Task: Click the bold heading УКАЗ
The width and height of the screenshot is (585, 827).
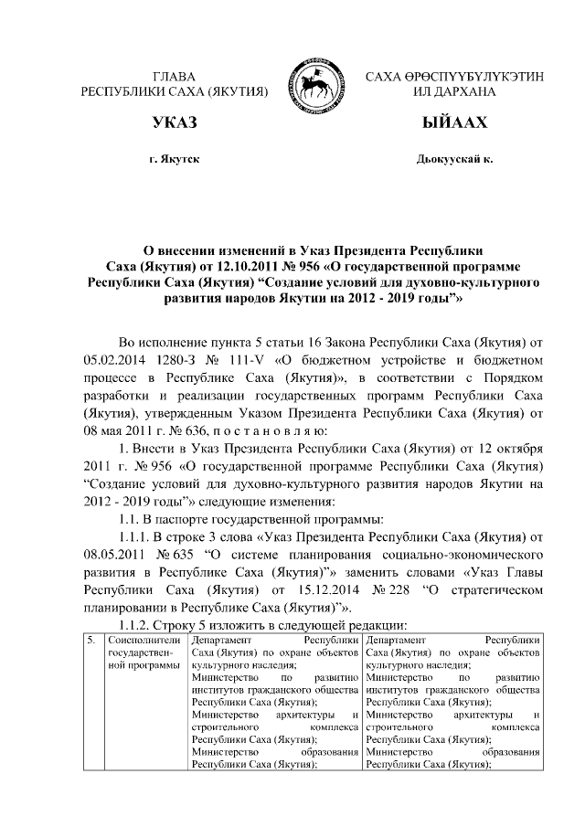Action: [175, 123]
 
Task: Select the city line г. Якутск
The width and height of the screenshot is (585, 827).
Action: [175, 159]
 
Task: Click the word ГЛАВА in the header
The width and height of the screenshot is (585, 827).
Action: [175, 76]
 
